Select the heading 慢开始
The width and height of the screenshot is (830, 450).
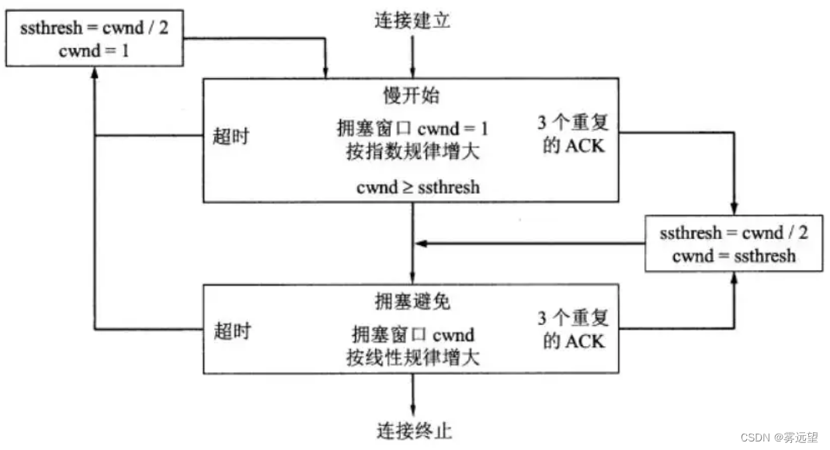coord(412,96)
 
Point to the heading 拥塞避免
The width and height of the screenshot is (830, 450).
coord(412,300)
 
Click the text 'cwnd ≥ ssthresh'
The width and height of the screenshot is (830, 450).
coord(418,186)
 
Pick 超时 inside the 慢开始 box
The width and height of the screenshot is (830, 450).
coord(231,135)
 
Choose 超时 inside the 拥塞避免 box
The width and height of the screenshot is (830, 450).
coord(231,330)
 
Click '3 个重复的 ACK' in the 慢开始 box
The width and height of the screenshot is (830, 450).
coord(574,134)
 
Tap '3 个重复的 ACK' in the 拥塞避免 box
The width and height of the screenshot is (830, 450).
coord(574,329)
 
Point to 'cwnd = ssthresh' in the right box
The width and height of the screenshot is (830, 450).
coord(734,255)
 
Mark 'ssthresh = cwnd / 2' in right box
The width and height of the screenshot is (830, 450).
coord(734,234)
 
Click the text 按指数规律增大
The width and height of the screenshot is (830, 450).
coord(412,152)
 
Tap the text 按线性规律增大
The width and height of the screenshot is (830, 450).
coord(412,358)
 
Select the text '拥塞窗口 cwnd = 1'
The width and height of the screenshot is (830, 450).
coord(412,128)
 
